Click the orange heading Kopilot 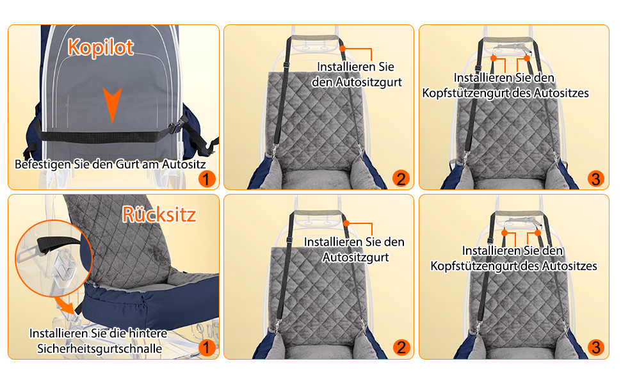(x=101, y=47)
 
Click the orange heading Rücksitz (x=159, y=214)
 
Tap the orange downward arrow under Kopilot (x=112, y=104)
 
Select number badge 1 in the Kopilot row (x=206, y=179)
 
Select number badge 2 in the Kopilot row (x=401, y=179)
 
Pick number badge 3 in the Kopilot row (x=595, y=179)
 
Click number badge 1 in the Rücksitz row (x=206, y=348)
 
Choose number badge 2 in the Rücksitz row (x=401, y=348)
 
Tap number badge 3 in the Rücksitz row (x=595, y=348)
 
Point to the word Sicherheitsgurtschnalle (x=99, y=349)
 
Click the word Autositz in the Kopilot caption (x=184, y=164)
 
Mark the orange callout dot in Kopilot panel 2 (x=343, y=49)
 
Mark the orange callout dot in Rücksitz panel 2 (x=346, y=223)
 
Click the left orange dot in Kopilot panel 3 (x=494, y=58)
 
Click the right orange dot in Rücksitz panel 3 (x=537, y=233)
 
